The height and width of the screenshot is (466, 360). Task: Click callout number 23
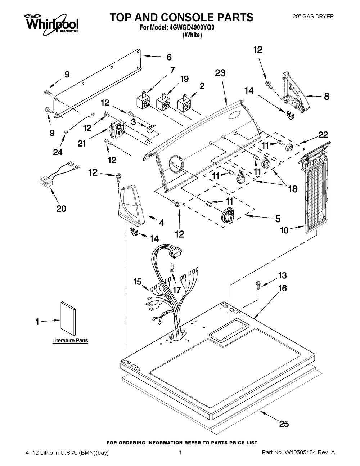coord(220,73)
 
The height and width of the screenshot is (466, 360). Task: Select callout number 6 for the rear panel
coord(169,57)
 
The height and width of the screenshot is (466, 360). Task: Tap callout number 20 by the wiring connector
coord(61,208)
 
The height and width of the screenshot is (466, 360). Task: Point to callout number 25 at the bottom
coord(284,424)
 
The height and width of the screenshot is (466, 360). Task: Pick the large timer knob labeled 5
coord(227,215)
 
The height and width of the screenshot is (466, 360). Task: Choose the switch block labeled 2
coord(184,102)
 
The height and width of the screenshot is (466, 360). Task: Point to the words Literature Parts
coord(70,340)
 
